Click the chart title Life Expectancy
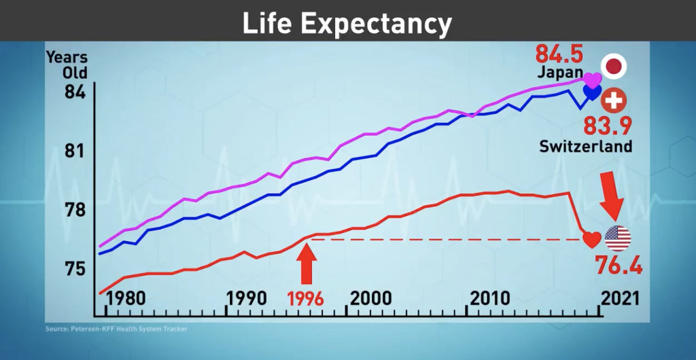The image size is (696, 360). pos(347,24)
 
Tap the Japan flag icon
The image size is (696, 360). pos(614,67)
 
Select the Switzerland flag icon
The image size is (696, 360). pos(614,101)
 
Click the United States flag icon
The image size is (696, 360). pos(617,238)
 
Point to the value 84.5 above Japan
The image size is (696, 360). pos(559,53)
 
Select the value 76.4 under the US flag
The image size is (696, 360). pos(619,265)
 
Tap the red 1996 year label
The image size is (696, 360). pos(305,298)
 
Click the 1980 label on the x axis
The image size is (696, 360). pos(126,298)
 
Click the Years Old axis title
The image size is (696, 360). pos(67,65)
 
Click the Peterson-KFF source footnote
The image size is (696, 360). pos(116,329)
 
